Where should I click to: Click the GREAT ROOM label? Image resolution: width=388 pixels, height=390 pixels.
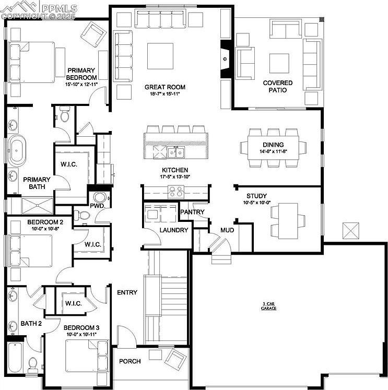pyautogui.click(x=165, y=87)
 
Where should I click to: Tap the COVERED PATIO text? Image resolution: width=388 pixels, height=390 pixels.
pyautogui.click(x=277, y=86)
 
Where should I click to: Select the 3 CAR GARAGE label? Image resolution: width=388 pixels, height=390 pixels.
pyautogui.click(x=269, y=306)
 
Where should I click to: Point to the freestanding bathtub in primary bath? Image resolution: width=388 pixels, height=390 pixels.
pyautogui.click(x=17, y=150)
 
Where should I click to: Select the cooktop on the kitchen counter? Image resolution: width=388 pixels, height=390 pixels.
pyautogui.click(x=175, y=192)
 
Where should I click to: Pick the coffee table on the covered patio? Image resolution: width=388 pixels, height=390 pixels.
pyautogui.click(x=279, y=63)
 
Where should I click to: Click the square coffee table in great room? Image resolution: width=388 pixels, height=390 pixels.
pyautogui.click(x=160, y=56)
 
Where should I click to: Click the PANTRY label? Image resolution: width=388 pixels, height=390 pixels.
pyautogui.click(x=192, y=212)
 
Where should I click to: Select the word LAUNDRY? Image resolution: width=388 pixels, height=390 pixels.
pyautogui.click(x=174, y=230)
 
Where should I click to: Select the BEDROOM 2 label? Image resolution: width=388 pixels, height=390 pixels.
pyautogui.click(x=45, y=222)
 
